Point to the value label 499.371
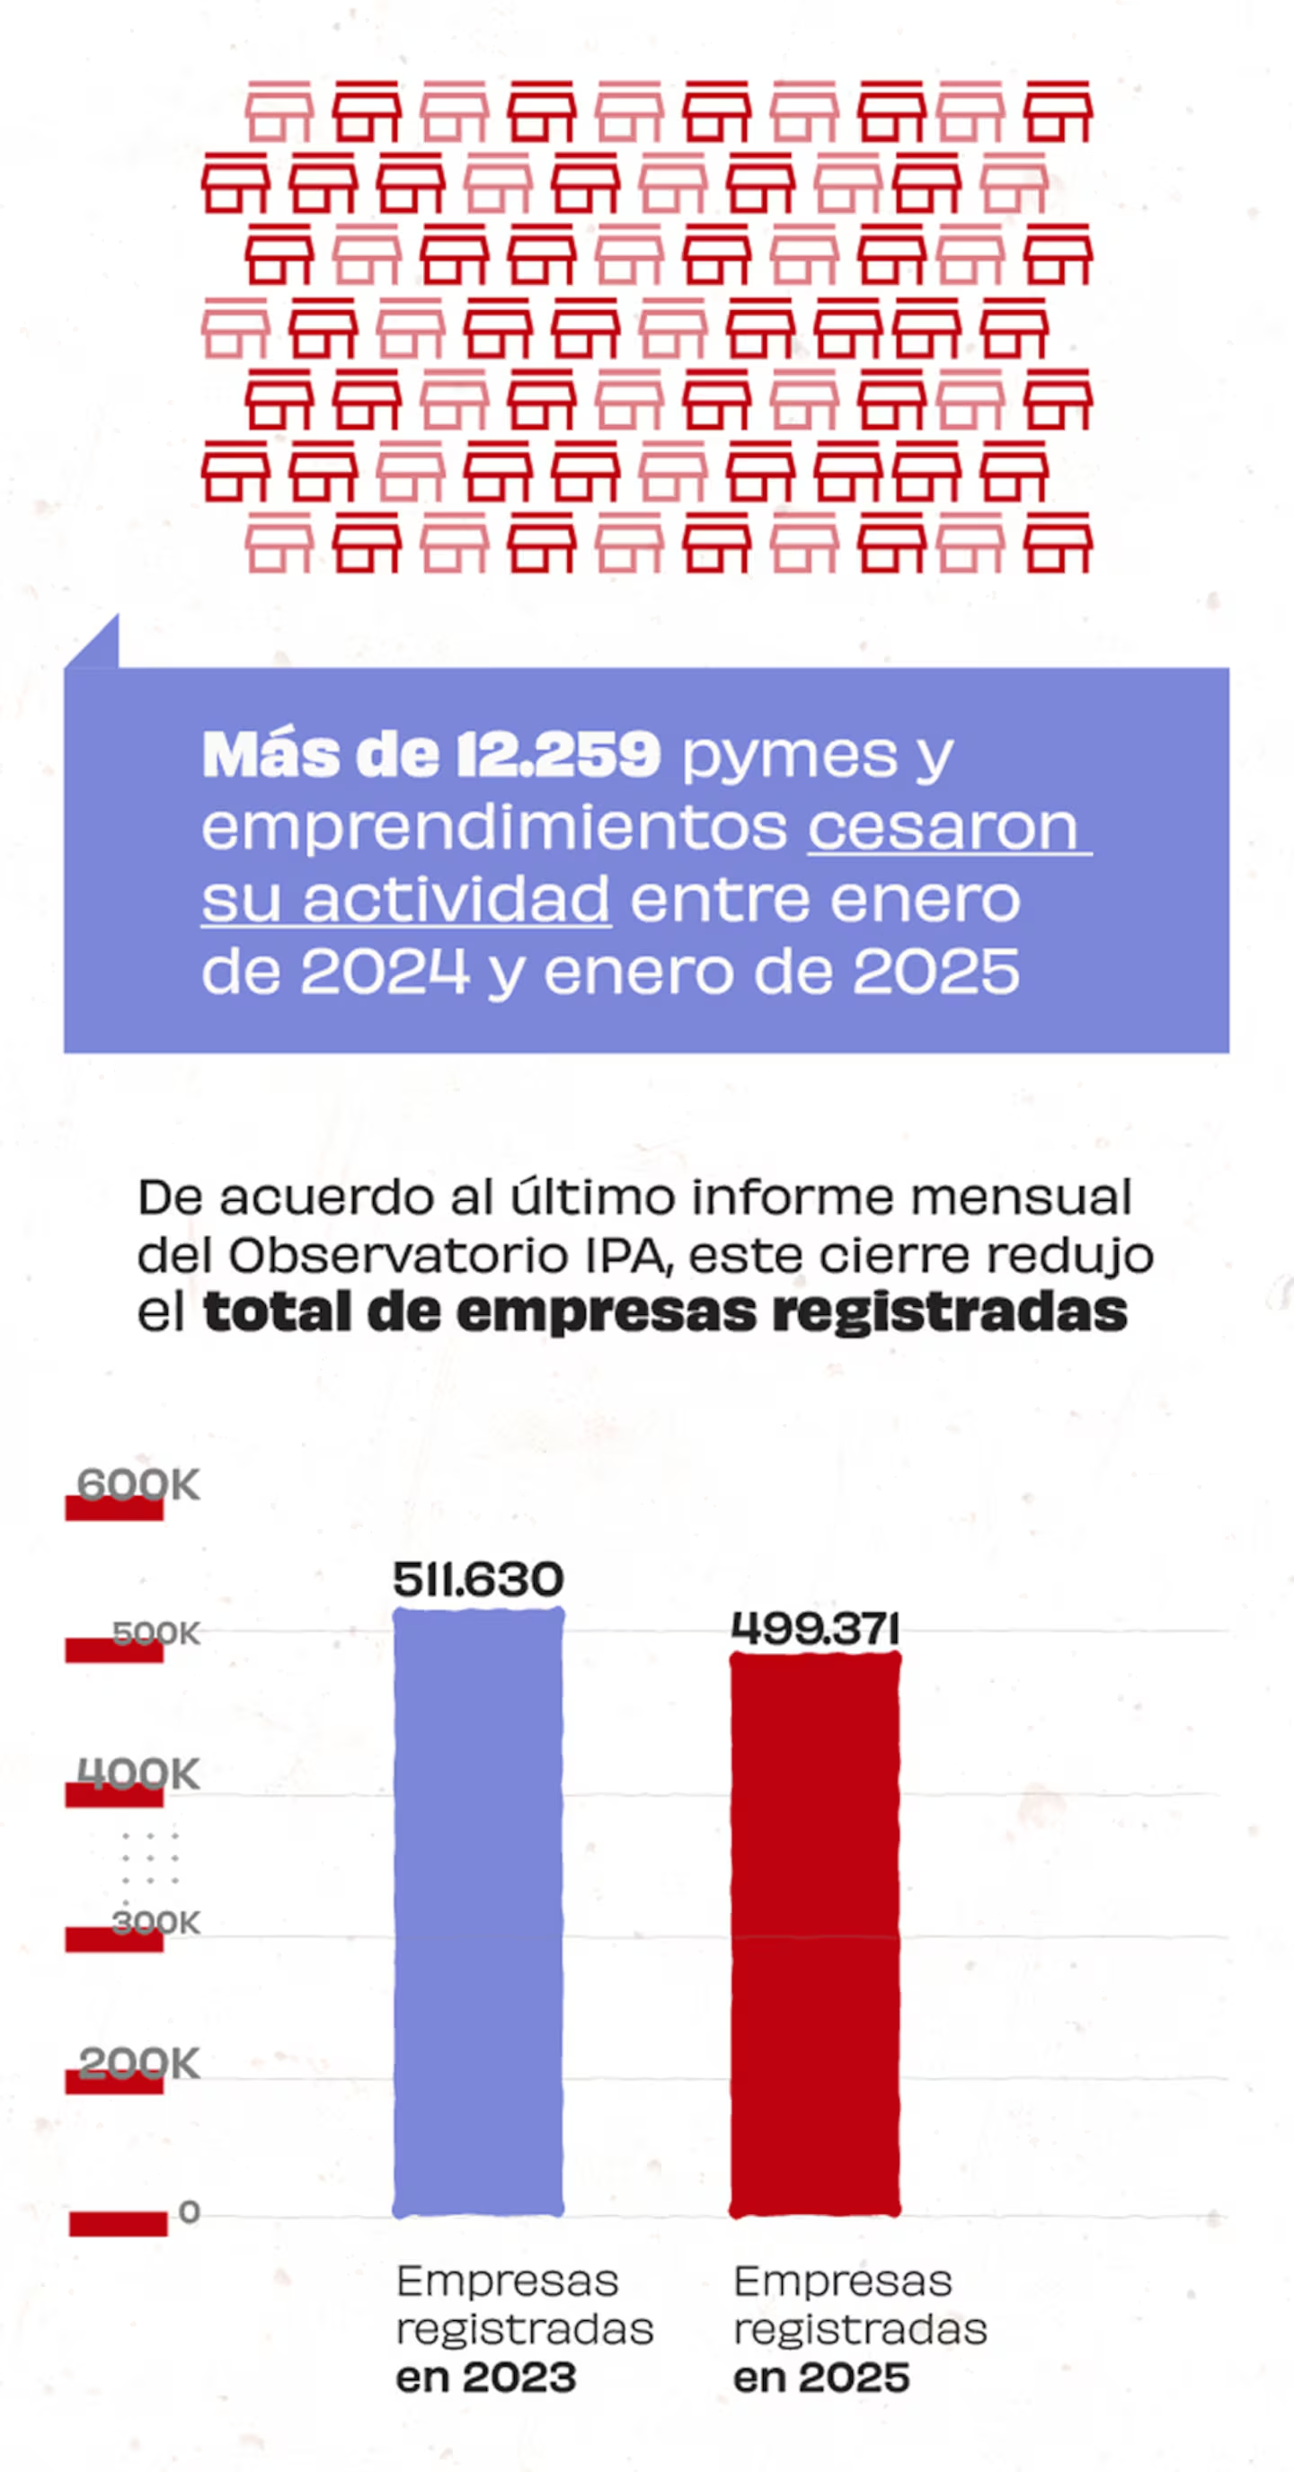(814, 1630)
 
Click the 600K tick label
(138, 1484)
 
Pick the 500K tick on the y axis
(156, 1633)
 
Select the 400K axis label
(138, 1774)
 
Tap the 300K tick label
(156, 1922)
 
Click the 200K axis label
(139, 2063)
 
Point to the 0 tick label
(189, 2212)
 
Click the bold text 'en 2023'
(486, 2378)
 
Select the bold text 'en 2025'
(821, 2378)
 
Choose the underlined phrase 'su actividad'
(406, 899)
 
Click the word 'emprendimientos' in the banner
(494, 826)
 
